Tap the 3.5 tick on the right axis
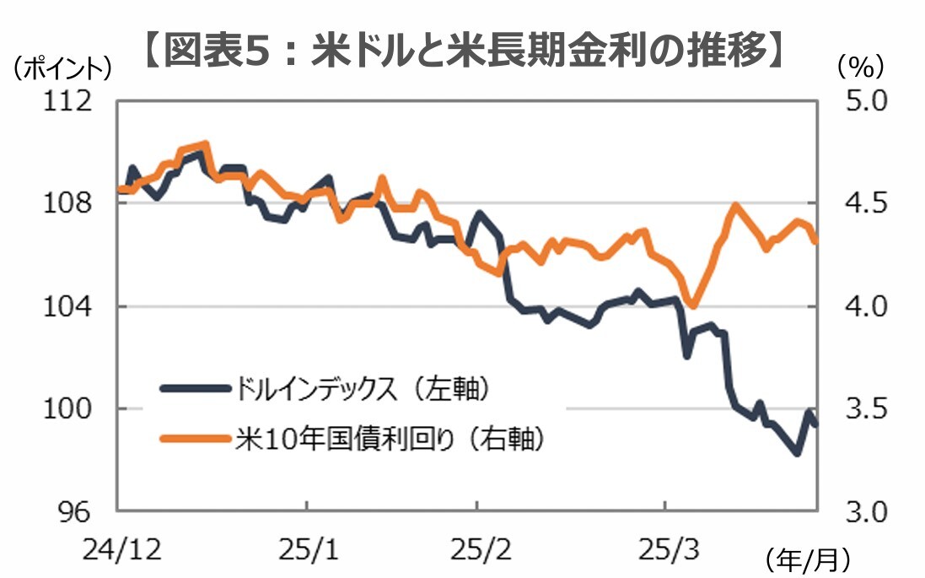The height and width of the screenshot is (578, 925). (x=858, y=409)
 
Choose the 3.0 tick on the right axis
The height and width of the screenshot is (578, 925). (x=858, y=511)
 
